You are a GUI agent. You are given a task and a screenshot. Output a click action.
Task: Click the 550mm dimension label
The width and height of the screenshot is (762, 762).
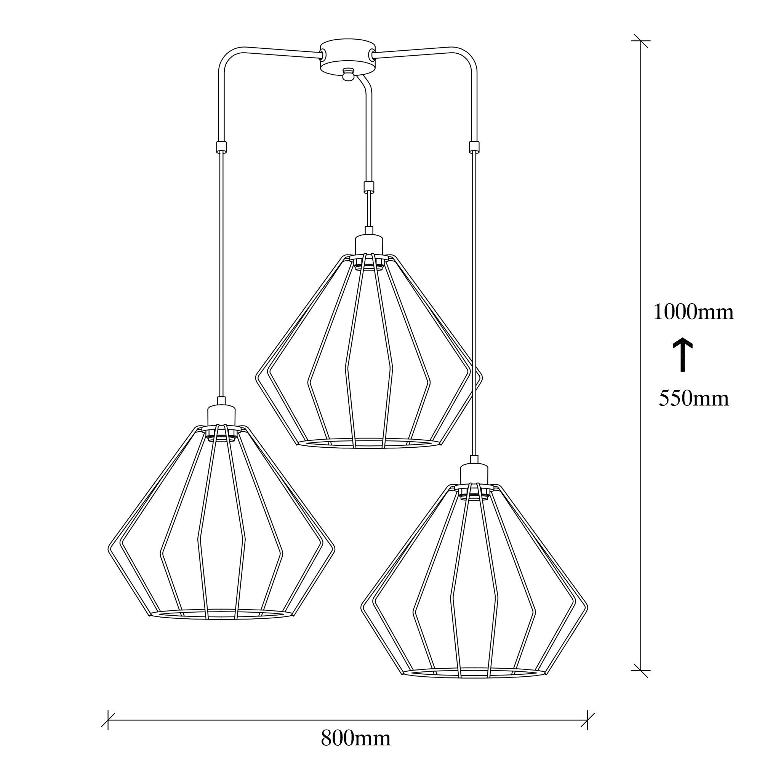coord(694,399)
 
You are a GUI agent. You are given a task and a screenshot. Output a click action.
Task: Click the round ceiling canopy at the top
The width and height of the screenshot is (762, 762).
coord(347,55)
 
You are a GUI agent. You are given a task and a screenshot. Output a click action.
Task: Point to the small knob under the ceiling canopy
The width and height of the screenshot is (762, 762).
coord(347,74)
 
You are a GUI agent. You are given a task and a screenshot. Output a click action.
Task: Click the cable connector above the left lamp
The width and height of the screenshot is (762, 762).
coord(221,147)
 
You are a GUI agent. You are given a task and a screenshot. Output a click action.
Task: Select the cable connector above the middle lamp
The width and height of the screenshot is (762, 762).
coord(368,186)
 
